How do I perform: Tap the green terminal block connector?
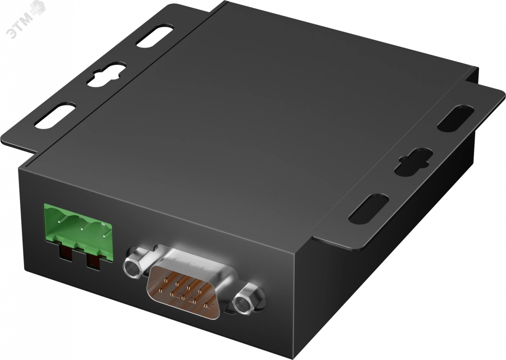tap(78, 233)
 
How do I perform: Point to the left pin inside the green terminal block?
tap(59, 222)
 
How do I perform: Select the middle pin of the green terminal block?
tap(82, 229)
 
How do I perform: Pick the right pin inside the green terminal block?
tap(104, 236)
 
